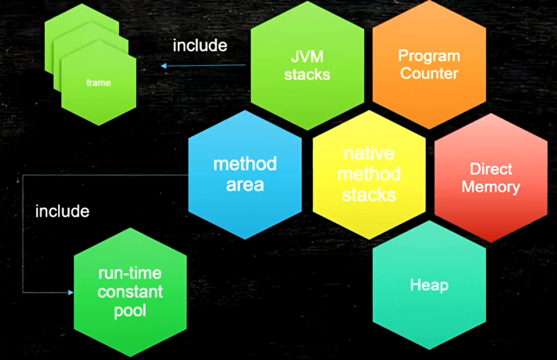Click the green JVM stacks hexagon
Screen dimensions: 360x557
[307, 65]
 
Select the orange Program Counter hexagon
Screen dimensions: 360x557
[429, 65]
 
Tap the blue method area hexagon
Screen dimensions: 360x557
[245, 174]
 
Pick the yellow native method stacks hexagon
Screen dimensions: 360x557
[369, 175]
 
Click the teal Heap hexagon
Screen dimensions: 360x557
[429, 285]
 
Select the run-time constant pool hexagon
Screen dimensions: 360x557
[130, 292]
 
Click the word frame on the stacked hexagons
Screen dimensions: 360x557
[98, 83]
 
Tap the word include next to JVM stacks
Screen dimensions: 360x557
[200, 46]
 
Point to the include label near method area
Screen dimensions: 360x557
[62, 212]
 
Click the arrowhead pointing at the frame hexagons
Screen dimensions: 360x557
[163, 66]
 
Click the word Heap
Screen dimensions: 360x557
[429, 285]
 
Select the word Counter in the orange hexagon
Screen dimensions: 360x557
[429, 73]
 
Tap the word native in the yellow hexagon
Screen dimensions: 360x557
[369, 154]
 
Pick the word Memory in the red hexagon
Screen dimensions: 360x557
[491, 187]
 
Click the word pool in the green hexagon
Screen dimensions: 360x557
[130, 311]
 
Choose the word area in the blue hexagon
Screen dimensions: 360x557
[245, 184]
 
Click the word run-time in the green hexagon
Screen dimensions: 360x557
[130, 274]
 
